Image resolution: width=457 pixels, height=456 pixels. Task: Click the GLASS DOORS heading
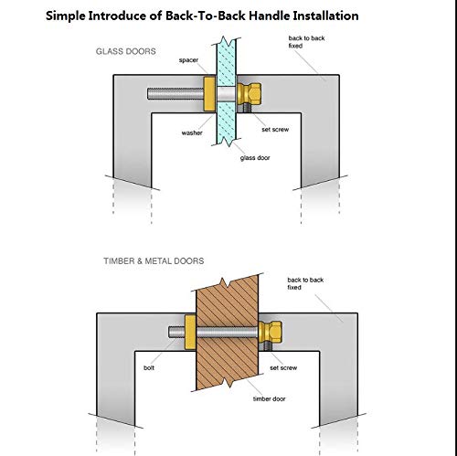click(x=126, y=51)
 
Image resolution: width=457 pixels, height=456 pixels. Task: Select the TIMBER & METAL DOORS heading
click(x=154, y=261)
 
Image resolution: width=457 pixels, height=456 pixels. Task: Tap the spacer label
click(x=188, y=60)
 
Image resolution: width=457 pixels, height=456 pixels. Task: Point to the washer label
click(x=192, y=133)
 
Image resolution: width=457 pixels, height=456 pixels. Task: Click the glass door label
click(x=255, y=158)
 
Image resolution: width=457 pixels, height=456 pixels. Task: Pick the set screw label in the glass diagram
click(x=275, y=130)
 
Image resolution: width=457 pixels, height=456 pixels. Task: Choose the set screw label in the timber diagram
click(x=283, y=368)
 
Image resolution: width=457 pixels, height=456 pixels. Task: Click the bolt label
click(x=149, y=368)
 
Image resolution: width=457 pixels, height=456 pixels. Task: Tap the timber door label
click(x=269, y=399)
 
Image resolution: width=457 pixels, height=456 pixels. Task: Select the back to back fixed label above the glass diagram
click(x=306, y=42)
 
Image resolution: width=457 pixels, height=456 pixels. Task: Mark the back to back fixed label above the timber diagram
click(x=305, y=283)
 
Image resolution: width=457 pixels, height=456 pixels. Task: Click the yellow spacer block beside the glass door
click(x=209, y=93)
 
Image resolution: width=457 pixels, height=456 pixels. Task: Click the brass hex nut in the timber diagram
click(x=271, y=332)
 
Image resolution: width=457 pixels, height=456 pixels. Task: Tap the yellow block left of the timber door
click(x=190, y=333)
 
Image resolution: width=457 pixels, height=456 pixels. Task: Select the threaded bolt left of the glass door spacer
click(x=175, y=94)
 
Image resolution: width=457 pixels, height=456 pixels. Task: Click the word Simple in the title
click(x=66, y=16)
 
